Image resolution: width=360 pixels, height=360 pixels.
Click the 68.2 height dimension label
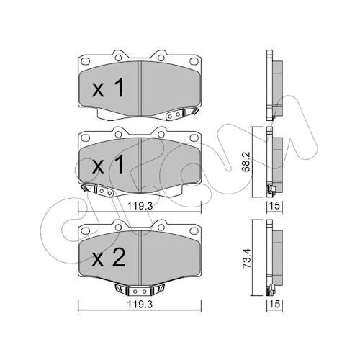[246, 161]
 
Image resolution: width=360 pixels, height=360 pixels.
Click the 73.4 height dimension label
[246, 258]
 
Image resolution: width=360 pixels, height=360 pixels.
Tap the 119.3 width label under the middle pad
[140, 206]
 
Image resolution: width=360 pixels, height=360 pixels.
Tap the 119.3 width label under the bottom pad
[140, 305]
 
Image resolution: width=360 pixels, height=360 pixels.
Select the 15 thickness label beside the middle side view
[275, 206]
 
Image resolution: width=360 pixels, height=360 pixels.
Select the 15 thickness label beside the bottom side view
[275, 304]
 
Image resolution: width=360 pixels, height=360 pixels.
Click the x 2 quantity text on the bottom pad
[109, 257]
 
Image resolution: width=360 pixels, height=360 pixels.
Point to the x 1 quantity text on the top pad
[108, 88]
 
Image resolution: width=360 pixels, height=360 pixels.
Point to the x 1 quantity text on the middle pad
[108, 164]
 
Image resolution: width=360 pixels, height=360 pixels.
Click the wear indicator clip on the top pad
[181, 114]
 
